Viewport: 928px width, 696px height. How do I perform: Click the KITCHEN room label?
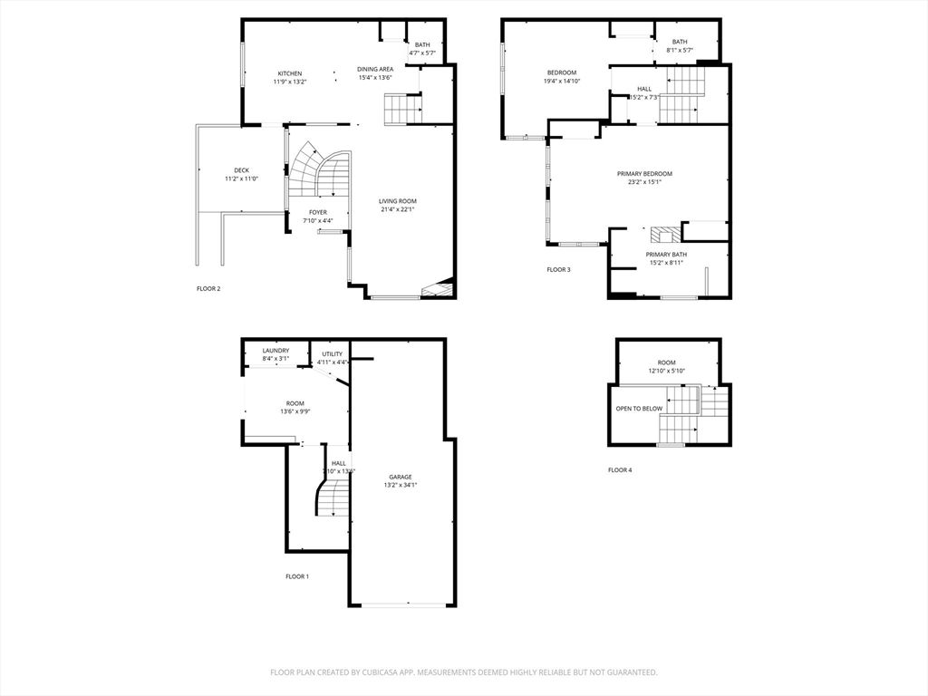[x=290, y=73]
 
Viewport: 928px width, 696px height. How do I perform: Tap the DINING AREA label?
[x=374, y=69]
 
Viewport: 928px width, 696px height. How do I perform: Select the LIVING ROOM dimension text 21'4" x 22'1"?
[x=398, y=209]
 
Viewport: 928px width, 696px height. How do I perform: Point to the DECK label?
[x=241, y=170]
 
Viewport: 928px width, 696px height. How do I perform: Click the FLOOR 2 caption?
[x=208, y=289]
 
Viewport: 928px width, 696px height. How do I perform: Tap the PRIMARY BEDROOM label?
[x=644, y=173]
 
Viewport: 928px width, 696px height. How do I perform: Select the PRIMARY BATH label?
[x=664, y=255]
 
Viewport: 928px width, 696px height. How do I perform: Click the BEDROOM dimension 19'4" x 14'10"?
[x=562, y=81]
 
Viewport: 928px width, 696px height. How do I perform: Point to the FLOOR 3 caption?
[x=558, y=269]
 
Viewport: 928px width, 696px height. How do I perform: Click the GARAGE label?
[x=401, y=477]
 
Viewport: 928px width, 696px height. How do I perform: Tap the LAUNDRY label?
[x=275, y=351]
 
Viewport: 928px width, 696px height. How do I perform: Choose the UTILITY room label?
[x=333, y=354]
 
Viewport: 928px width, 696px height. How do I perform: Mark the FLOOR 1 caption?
[x=297, y=576]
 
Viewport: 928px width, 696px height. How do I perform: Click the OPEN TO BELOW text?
[x=640, y=409]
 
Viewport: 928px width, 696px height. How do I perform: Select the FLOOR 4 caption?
[x=620, y=470]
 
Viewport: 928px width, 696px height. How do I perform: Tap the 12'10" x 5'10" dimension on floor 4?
[x=667, y=371]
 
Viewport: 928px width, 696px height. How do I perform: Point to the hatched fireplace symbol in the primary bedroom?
[x=661, y=234]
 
